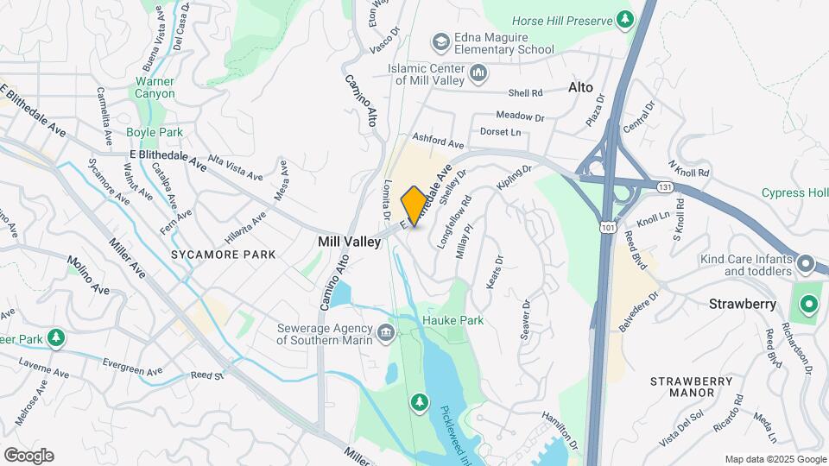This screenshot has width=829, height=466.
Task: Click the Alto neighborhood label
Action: (x=580, y=88)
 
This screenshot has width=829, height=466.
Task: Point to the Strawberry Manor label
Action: (x=680, y=387)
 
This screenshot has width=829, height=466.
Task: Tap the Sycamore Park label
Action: (x=223, y=255)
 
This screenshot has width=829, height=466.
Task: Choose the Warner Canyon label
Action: (x=155, y=87)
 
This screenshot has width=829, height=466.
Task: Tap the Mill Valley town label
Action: (x=349, y=242)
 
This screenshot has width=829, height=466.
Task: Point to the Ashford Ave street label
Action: (x=438, y=141)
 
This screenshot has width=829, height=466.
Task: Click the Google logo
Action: (x=28, y=455)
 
